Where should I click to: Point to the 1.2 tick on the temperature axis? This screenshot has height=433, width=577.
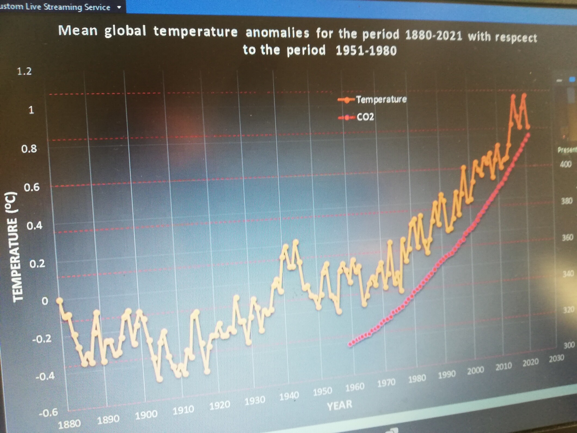point(24,71)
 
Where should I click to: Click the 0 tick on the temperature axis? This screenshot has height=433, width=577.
point(45,301)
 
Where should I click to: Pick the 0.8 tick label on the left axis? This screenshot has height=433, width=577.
point(29,149)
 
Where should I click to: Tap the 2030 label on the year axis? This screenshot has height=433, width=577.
point(556,358)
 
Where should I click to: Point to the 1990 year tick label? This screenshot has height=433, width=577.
point(447,375)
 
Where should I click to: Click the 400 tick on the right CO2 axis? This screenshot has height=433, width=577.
point(566,164)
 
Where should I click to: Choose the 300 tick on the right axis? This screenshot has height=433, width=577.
point(569,345)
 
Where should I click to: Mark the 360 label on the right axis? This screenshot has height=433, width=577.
point(567,238)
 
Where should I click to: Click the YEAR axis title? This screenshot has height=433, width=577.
point(339,405)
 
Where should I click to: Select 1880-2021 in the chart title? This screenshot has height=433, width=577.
point(433,35)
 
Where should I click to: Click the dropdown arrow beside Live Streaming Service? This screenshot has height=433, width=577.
point(119,7)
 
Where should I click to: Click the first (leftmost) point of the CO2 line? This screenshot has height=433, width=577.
point(350,344)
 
